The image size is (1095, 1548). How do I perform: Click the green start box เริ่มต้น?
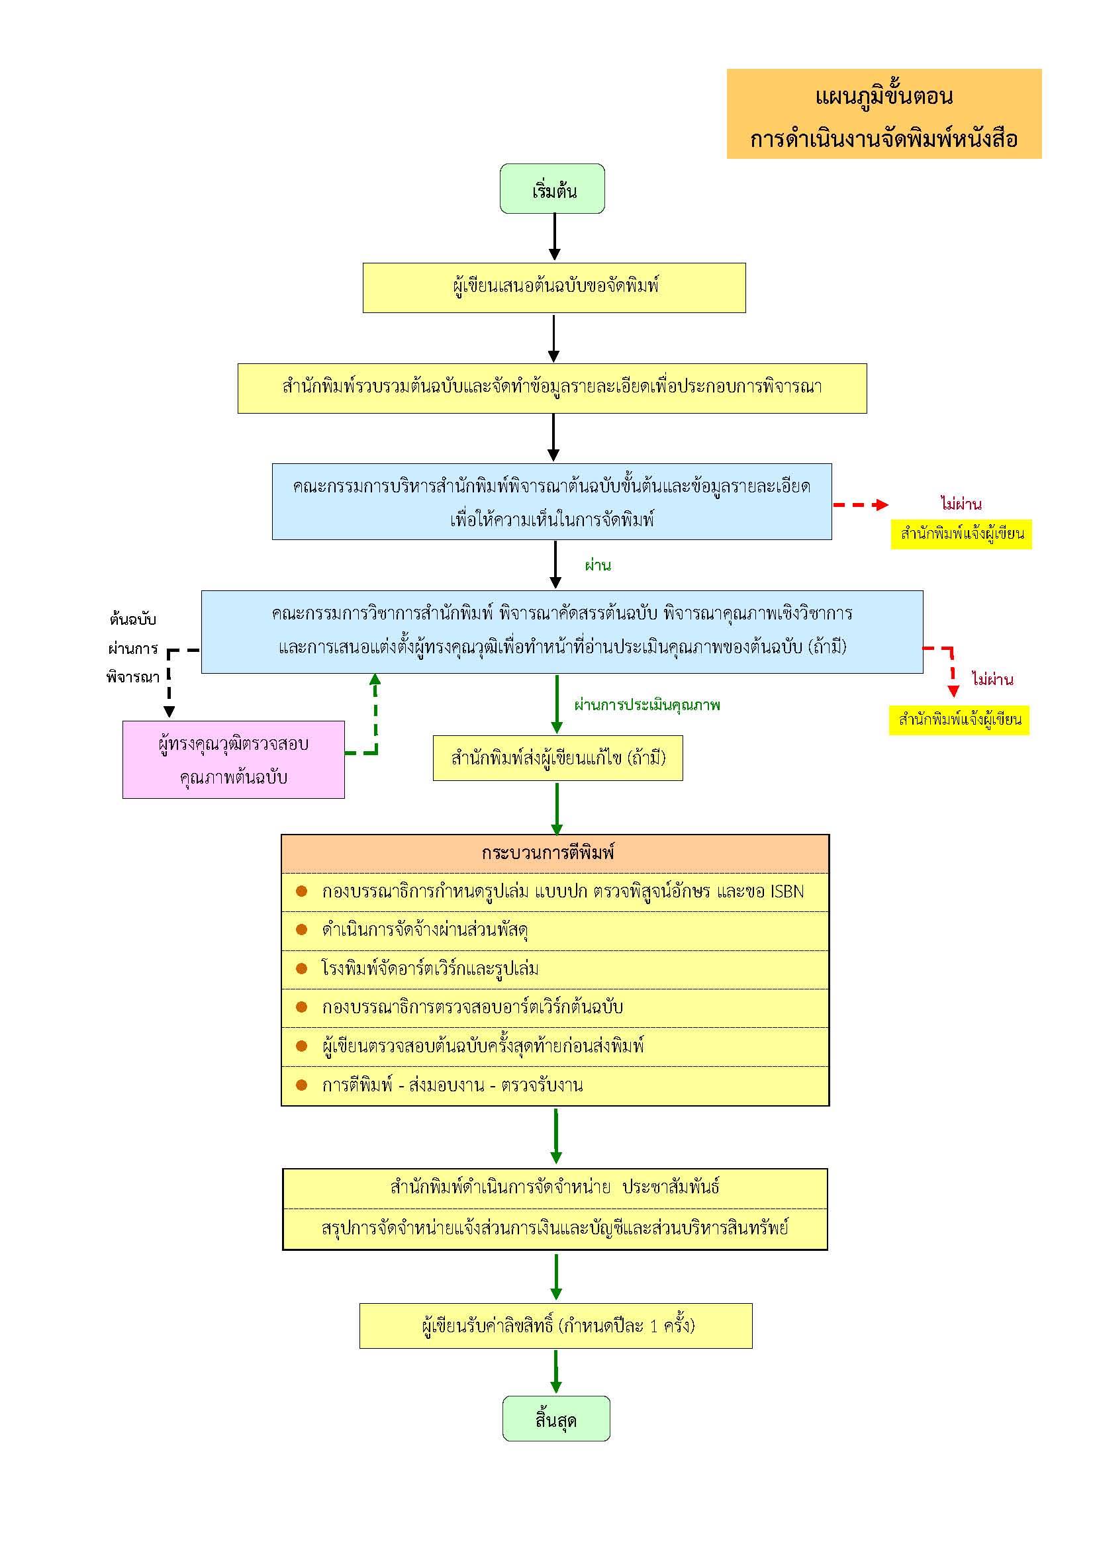[x=552, y=189]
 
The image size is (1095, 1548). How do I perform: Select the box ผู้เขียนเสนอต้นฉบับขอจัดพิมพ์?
[x=554, y=288]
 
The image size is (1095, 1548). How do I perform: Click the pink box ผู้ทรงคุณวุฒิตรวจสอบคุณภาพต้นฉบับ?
[x=233, y=760]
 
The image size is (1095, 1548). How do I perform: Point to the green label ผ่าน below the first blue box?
[x=597, y=566]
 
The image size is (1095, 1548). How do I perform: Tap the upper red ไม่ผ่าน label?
[x=961, y=504]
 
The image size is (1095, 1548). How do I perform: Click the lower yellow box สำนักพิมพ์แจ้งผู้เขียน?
[x=959, y=720]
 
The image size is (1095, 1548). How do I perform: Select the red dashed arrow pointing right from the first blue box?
[x=861, y=505]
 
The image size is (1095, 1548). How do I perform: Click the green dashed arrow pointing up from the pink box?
[x=375, y=715]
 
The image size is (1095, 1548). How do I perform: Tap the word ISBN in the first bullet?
[x=786, y=892]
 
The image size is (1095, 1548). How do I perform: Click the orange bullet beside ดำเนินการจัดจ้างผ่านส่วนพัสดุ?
[x=301, y=930]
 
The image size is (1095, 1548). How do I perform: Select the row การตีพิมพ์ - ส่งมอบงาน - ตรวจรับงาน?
[x=452, y=1085]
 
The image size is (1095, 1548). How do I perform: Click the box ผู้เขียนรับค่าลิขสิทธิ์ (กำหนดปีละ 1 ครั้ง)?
[x=555, y=1326]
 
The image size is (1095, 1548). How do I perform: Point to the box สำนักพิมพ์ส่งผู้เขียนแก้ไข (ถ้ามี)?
[x=557, y=758]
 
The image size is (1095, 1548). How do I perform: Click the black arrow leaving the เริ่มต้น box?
[x=554, y=237]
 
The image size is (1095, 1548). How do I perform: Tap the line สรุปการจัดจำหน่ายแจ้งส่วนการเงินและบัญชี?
[x=554, y=1228]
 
